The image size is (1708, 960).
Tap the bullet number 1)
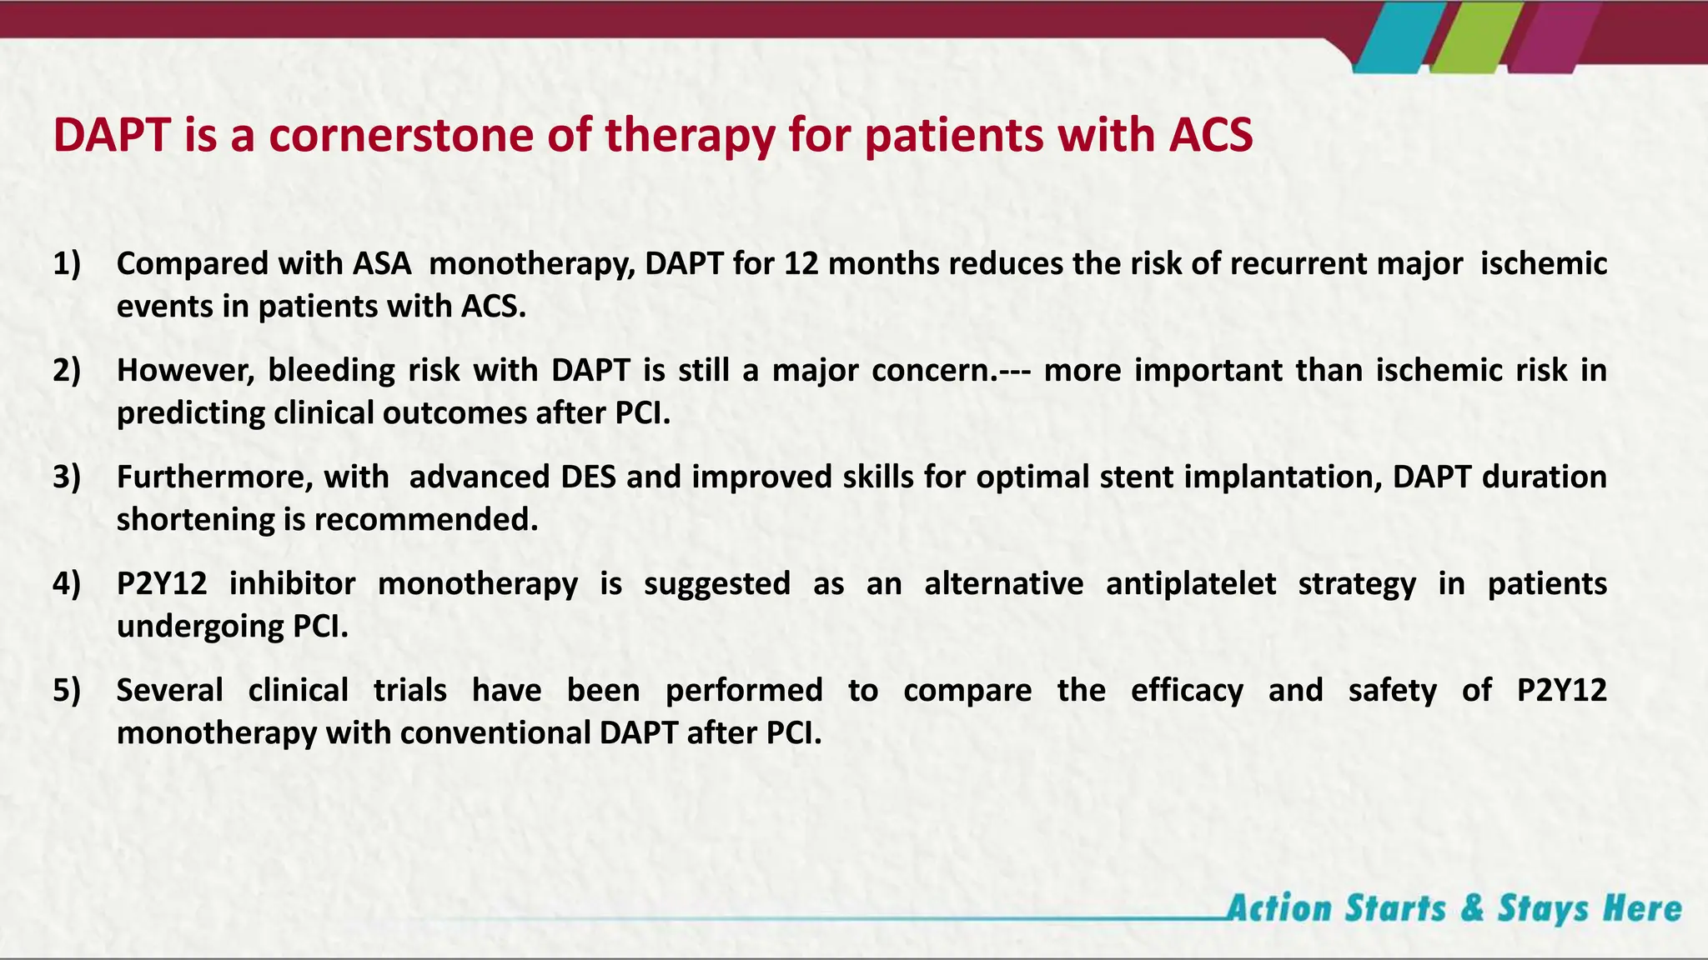click(x=67, y=263)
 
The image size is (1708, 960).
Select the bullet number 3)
click(x=67, y=477)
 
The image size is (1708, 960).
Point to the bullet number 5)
click(x=67, y=690)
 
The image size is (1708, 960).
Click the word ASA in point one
click(x=382, y=263)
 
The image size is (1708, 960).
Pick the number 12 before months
click(x=801, y=263)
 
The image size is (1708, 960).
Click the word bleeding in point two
click(x=331, y=370)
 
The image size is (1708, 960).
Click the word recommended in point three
click(x=426, y=520)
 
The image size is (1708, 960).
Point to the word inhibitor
click(x=292, y=583)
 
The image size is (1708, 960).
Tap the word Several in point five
click(x=169, y=690)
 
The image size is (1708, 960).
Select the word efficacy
click(x=1187, y=690)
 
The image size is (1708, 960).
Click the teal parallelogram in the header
click(x=1391, y=37)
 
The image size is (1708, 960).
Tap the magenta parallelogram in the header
click(x=1550, y=37)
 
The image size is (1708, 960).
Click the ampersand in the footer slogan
click(x=1472, y=908)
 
